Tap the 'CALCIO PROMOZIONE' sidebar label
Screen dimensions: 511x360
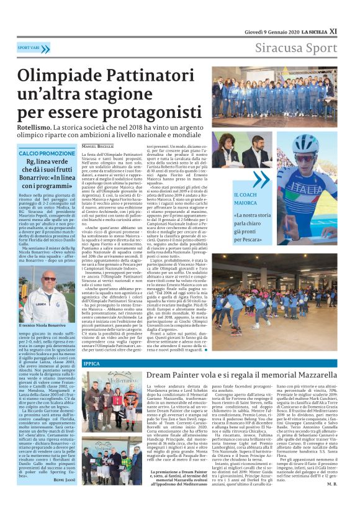point(47,153)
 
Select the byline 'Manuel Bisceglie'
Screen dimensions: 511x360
point(102,145)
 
